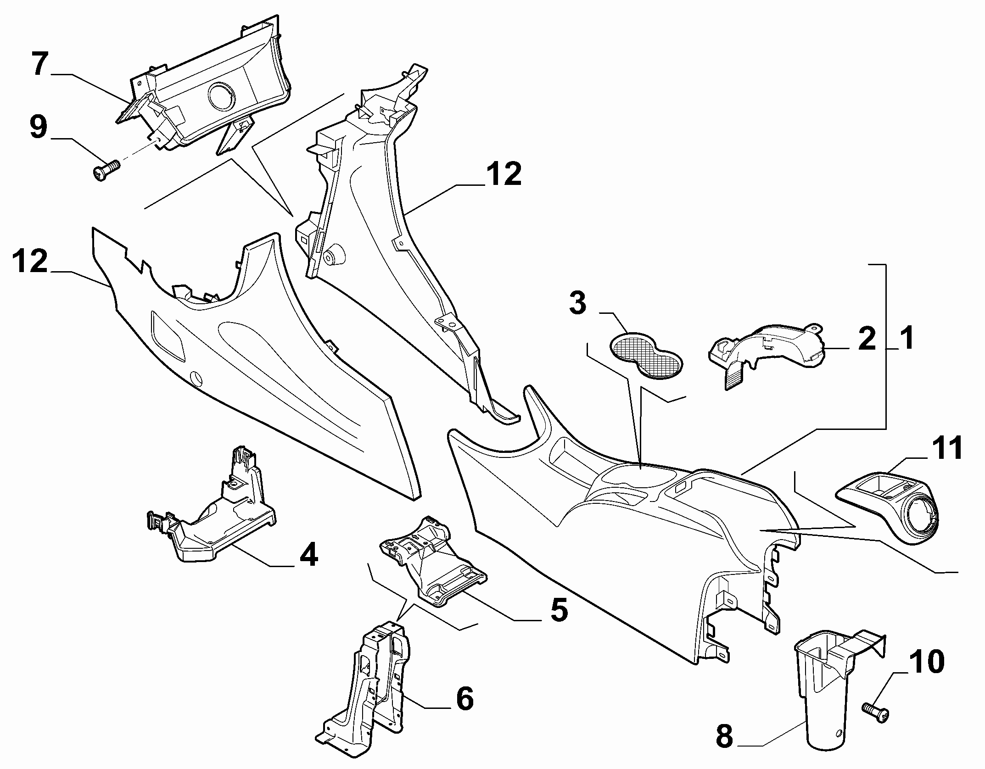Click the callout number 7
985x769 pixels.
pos(40,65)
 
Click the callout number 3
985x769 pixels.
pos(577,303)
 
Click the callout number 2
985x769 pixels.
pos(867,339)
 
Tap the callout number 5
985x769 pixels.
pos(558,609)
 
